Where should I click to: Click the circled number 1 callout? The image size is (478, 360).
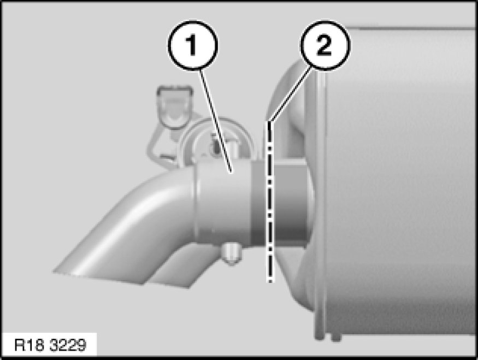point(193,45)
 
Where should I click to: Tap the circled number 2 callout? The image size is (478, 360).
point(325,45)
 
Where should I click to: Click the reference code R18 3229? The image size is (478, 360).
point(51,345)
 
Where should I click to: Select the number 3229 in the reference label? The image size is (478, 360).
point(68,345)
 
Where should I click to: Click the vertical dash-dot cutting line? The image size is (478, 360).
point(270,202)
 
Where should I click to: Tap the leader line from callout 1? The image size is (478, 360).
point(216,121)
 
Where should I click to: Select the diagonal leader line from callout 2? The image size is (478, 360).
point(290,95)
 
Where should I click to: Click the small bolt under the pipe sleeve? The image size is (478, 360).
point(232,253)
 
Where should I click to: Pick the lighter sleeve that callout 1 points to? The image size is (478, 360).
point(224,203)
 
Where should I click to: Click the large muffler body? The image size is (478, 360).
point(396,183)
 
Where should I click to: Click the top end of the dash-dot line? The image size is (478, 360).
point(269,122)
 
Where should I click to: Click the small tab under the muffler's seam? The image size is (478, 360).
point(335,337)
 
